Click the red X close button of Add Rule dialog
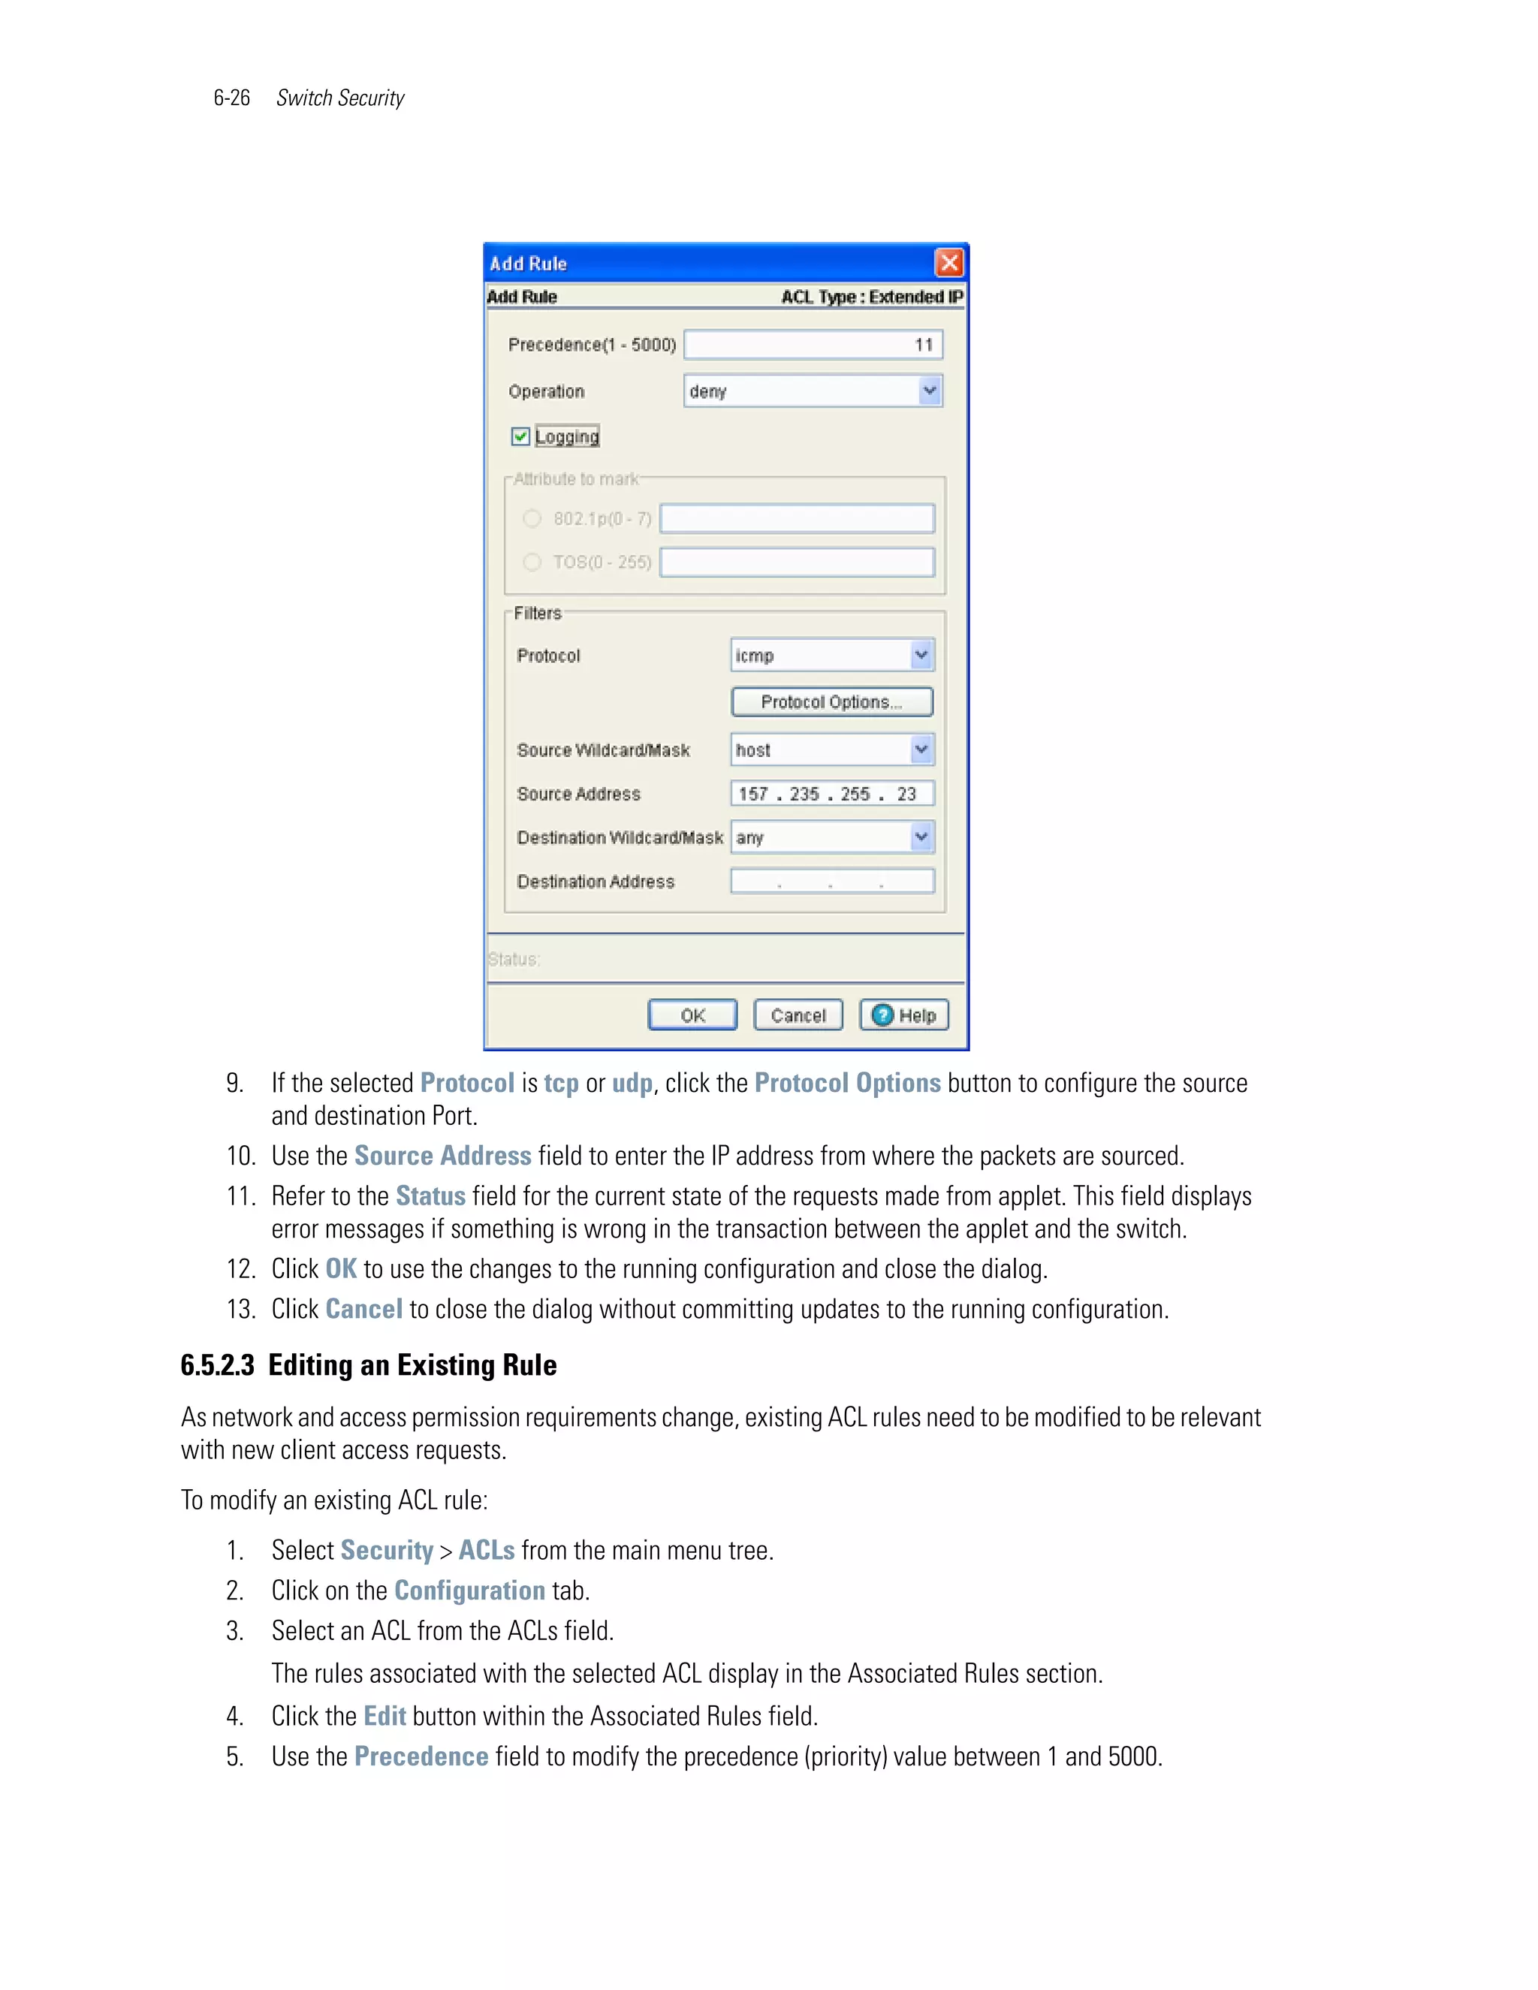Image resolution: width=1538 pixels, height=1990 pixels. (948, 264)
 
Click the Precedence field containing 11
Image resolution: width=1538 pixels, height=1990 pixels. (813, 345)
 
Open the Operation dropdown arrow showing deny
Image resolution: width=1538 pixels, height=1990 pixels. (928, 391)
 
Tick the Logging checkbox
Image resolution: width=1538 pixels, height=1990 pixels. (520, 436)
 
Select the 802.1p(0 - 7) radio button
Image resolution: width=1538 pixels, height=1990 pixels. (532, 518)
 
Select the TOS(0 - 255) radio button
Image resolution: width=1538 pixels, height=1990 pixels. (532, 562)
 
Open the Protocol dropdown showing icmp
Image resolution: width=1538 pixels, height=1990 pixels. (921, 655)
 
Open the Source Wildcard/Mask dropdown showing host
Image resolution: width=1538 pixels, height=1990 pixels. (921, 750)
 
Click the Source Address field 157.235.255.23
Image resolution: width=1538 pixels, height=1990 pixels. (831, 794)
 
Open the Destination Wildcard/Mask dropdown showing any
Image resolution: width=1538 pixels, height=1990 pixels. (921, 837)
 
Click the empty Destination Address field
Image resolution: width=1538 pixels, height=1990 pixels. (831, 881)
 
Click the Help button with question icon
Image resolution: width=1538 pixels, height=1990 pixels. (904, 1015)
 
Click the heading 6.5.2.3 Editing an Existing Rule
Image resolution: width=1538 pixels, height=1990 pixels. (368, 1365)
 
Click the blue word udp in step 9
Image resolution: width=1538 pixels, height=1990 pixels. (632, 1084)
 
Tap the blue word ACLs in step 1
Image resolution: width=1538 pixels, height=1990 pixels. (487, 1550)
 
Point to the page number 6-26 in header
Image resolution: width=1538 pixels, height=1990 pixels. (231, 98)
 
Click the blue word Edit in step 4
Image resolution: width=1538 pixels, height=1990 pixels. (384, 1716)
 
